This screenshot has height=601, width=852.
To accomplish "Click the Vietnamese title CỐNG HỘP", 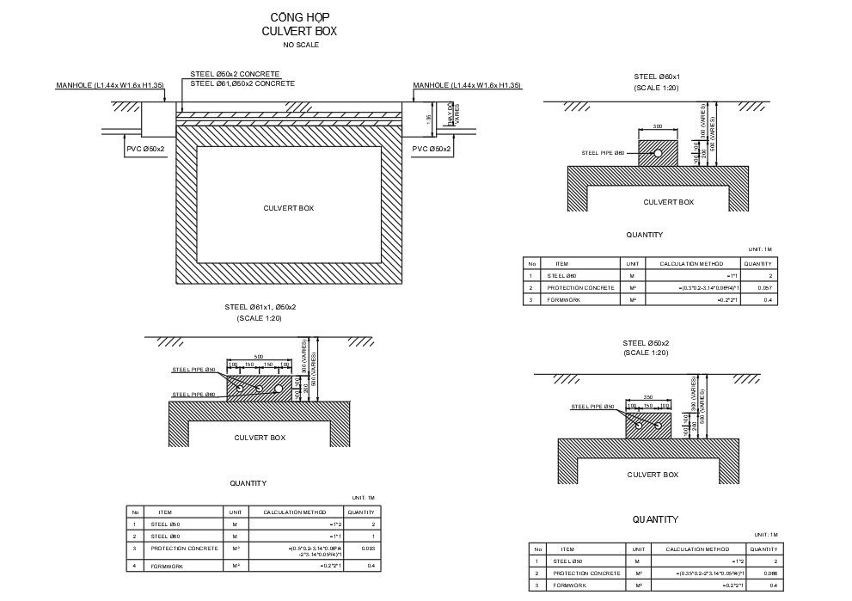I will point(300,17).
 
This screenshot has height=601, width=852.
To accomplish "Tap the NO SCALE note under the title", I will point(300,45).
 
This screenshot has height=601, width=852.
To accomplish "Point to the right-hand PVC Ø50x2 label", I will point(432,149).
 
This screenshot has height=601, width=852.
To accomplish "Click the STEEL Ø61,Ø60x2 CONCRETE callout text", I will point(242,84).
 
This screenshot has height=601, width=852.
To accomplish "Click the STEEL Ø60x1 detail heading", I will point(657,77).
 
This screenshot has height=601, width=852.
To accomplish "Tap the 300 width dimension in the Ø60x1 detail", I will point(657,126).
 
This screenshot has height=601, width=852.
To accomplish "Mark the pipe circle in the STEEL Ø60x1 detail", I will point(656,154).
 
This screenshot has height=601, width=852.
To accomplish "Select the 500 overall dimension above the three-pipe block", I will point(259,357).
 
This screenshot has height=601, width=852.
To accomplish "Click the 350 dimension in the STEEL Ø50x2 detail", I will point(648,397).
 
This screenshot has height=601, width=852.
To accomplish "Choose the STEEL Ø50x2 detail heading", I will point(646,343).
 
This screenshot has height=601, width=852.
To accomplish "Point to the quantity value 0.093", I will point(368,549).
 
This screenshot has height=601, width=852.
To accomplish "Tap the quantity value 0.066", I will point(769,573).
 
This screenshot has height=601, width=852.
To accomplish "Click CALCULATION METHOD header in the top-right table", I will point(691,263).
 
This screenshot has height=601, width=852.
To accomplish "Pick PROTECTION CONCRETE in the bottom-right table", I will point(586,573).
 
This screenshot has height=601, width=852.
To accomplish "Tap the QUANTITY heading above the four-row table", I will point(247,483).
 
